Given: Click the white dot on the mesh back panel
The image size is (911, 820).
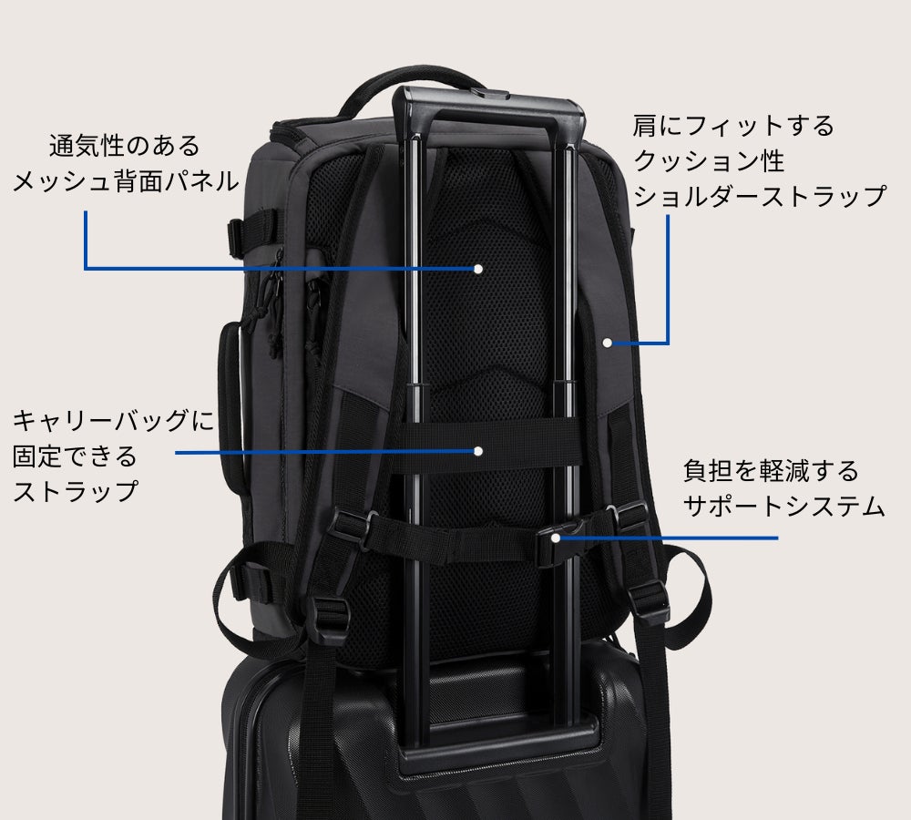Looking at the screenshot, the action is click(477, 269).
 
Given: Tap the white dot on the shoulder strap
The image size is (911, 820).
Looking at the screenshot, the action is click(607, 343).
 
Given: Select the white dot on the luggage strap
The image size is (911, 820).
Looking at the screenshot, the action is click(478, 451).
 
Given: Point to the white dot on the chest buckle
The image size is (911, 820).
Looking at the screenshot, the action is click(556, 538).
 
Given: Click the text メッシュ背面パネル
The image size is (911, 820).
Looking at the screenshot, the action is click(126, 181).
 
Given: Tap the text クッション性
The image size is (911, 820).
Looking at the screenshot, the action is click(709, 159).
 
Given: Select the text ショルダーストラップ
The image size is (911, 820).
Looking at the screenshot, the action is click(760, 195).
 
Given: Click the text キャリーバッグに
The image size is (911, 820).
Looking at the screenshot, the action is click(114, 420).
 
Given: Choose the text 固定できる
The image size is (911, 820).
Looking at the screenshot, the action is click(75, 456).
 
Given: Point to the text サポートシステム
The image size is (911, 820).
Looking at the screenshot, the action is click(783, 507).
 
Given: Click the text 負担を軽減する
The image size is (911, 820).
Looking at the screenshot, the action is click(771, 471).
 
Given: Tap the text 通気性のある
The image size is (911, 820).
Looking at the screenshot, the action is click(125, 145).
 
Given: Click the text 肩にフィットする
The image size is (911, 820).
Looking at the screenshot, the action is click(733, 125).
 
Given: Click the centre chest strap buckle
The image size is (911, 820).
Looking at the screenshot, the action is click(557, 541).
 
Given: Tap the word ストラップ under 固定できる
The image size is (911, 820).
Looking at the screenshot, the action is click(76, 492).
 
